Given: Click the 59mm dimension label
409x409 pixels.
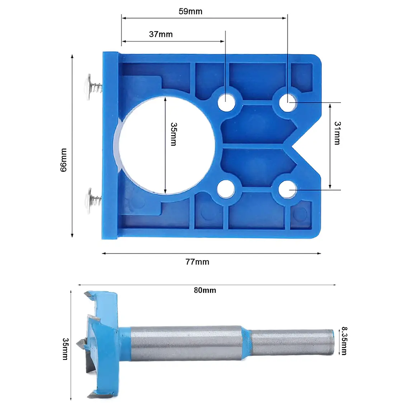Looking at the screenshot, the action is pos(191,11).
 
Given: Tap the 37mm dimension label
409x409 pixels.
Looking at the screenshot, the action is pos(161,34).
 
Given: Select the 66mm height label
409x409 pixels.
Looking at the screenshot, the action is pos(64,160).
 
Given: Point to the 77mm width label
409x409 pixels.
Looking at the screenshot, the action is pos(197,262).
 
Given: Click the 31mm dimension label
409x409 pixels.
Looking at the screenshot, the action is pos(337,133).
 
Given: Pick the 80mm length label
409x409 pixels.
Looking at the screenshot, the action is pos(205,290).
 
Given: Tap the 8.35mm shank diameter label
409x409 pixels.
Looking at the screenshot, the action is pos(344,341).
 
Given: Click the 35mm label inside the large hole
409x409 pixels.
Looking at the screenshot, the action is pos(173,134).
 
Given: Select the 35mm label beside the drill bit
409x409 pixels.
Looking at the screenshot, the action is pos(65,349).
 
